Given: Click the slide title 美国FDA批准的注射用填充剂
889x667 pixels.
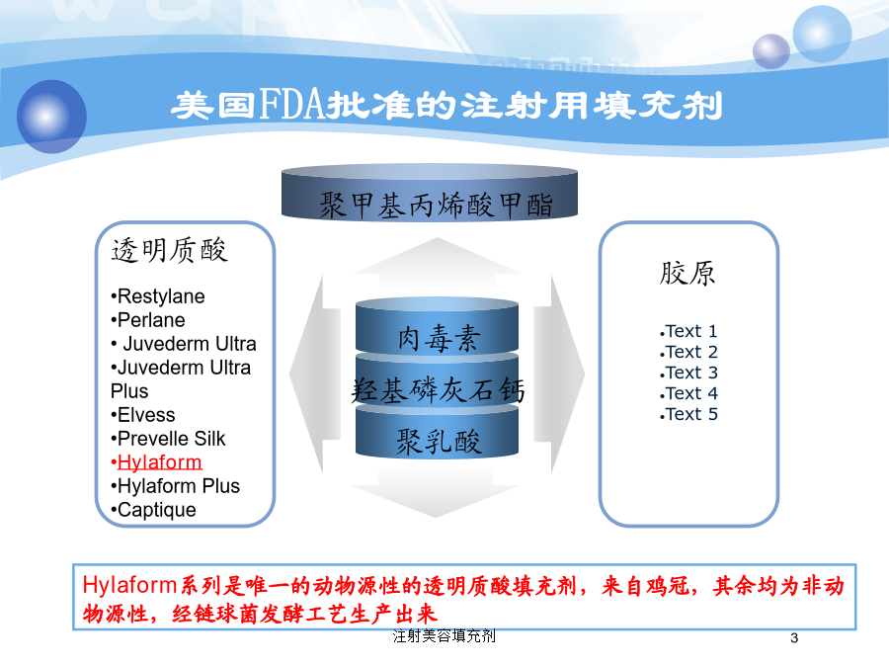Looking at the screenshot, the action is [x=446, y=105].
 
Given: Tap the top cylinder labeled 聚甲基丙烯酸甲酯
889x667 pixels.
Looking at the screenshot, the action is [x=430, y=193].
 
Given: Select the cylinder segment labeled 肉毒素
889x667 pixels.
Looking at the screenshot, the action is [x=438, y=326].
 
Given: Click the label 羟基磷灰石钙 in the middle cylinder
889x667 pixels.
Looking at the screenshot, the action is [x=438, y=390].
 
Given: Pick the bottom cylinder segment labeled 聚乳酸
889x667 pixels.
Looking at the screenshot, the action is [x=438, y=434].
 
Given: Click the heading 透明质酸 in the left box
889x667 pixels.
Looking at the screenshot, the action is [x=170, y=250].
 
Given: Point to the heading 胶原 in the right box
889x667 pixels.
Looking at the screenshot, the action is [x=687, y=273].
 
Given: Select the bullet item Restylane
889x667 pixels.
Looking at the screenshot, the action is [x=158, y=296].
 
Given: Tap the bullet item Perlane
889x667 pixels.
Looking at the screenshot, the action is [x=148, y=320].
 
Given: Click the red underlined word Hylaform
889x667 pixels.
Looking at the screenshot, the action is [x=159, y=462].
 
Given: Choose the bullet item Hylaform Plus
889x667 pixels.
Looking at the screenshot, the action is [x=175, y=486].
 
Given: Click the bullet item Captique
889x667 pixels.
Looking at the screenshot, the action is [x=154, y=510].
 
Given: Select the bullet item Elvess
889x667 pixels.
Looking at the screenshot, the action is [x=143, y=415].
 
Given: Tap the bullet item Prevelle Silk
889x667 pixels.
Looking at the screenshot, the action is [x=168, y=439].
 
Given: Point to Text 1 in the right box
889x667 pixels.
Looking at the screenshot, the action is [x=688, y=331].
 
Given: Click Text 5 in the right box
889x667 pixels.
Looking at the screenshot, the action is [x=688, y=415].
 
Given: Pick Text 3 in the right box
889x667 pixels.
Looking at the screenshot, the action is [x=688, y=374].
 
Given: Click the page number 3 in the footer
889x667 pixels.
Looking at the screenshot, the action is [x=794, y=638].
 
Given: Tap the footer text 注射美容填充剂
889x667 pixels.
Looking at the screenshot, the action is [x=444, y=636].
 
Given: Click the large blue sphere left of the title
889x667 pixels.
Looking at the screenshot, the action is [x=51, y=117].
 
